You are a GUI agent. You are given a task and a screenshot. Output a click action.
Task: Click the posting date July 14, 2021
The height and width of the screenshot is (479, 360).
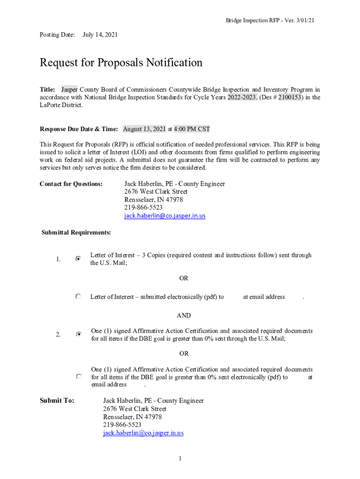click(100, 35)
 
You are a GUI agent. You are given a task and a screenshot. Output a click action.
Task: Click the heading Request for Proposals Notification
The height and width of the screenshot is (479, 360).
click(121, 63)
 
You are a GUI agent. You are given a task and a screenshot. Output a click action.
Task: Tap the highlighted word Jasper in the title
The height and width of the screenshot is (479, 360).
click(70, 89)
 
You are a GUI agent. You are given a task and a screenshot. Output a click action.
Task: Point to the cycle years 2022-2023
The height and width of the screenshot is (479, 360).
click(242, 97)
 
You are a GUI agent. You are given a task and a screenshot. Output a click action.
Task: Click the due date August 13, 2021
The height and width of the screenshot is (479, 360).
click(144, 129)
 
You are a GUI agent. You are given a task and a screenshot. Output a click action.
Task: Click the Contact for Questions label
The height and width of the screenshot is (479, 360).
click(71, 184)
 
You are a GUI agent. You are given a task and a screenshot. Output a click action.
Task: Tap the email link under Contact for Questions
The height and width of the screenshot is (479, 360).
click(165, 216)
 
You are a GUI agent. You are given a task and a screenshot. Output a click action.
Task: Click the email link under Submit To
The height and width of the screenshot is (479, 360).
click(143, 433)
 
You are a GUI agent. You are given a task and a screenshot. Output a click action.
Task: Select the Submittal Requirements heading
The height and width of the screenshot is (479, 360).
click(76, 232)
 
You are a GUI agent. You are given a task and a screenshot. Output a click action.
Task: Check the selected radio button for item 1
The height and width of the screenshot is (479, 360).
click(78, 258)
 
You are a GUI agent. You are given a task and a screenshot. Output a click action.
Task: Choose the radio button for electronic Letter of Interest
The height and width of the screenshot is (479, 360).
click(78, 297)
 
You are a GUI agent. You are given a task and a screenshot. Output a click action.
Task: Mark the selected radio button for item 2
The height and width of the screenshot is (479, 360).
click(79, 334)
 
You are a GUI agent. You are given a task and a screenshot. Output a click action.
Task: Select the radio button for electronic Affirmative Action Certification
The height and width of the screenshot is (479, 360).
click(79, 376)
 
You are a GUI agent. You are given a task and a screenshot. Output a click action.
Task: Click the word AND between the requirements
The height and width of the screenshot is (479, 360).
click(184, 316)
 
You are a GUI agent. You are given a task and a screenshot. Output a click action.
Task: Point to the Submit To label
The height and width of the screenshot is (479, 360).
click(57, 400)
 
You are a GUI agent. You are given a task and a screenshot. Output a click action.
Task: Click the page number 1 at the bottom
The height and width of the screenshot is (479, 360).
click(180, 458)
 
